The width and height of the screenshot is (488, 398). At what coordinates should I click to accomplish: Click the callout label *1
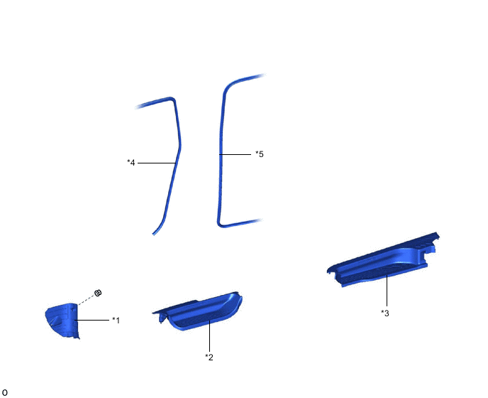(x=116, y=321)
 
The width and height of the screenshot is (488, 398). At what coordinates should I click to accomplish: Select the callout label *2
(x=209, y=357)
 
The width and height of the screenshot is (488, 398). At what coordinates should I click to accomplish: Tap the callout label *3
(x=385, y=313)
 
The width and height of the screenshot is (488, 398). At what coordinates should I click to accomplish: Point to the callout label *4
(x=131, y=163)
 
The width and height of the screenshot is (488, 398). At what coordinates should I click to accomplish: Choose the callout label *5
(x=260, y=154)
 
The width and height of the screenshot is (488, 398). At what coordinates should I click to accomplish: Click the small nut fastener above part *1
(x=98, y=293)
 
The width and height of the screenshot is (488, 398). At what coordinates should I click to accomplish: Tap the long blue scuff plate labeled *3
(x=383, y=262)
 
